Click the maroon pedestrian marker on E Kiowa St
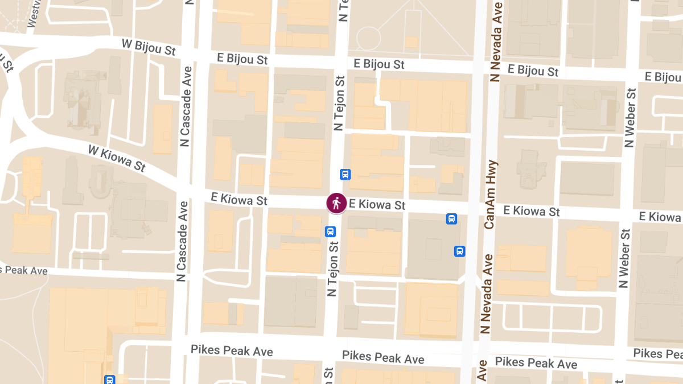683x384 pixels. tap(336, 203)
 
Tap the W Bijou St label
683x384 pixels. tap(149, 47)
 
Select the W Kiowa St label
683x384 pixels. tap(117, 158)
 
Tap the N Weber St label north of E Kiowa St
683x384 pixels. tap(629, 118)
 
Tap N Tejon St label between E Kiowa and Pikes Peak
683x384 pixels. tap(332, 267)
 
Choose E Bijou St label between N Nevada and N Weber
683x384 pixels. tap(533, 71)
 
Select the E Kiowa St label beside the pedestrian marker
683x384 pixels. tap(377, 204)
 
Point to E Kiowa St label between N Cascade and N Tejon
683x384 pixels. tap(238, 199)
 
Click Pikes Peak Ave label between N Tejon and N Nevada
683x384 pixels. tap(383, 357)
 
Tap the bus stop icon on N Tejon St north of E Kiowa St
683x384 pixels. tap(345, 175)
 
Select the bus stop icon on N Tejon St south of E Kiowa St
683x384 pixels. tap(330, 232)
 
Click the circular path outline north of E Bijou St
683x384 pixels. tap(368, 38)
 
